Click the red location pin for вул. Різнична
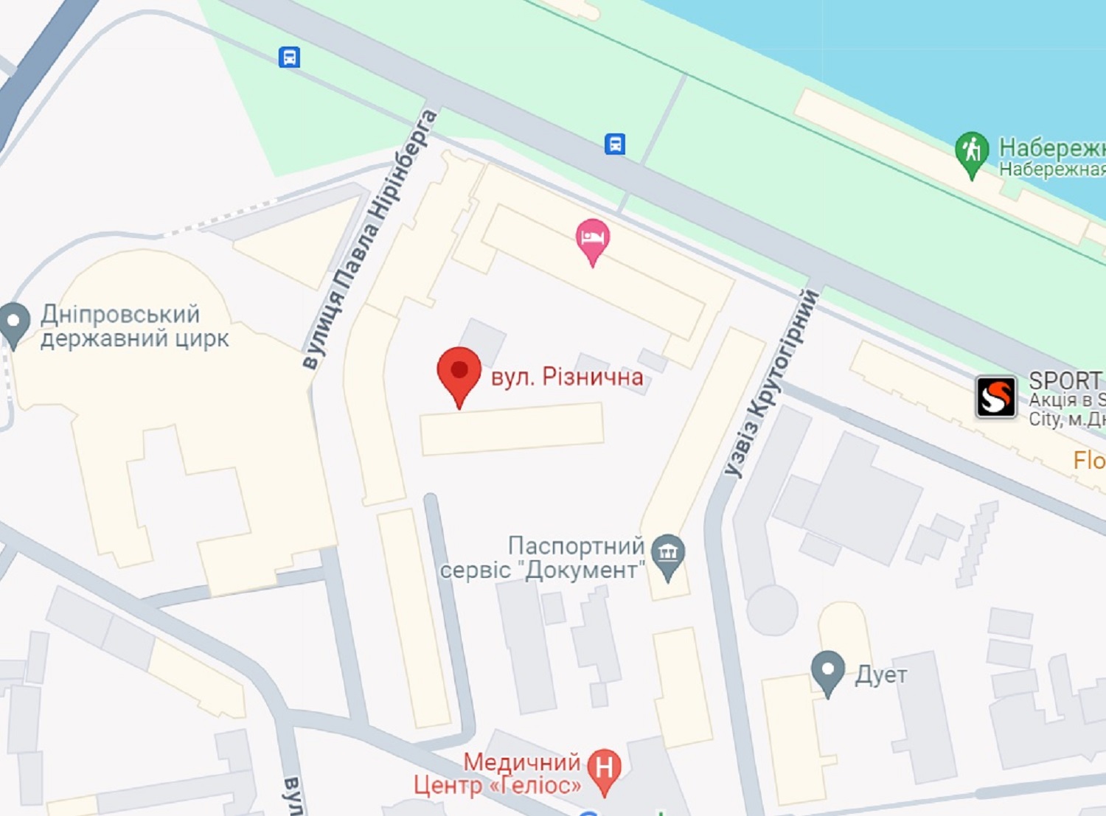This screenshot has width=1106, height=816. [x=459, y=372]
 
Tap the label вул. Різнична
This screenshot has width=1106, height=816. [x=567, y=377]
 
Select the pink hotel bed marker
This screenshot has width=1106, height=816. [x=592, y=240]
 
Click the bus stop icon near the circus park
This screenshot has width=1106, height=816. [x=289, y=57]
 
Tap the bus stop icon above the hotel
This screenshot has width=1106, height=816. [x=615, y=143]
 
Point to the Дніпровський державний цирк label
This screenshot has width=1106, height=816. [x=133, y=326]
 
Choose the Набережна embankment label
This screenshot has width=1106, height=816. [x=1051, y=157]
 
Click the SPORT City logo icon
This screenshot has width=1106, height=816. [x=996, y=397]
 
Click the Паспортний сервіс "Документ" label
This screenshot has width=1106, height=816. [x=543, y=558]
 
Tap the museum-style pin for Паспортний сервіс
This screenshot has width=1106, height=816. [x=668, y=554]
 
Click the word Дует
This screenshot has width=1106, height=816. [x=881, y=674]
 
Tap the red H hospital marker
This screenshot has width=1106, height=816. [x=604, y=769]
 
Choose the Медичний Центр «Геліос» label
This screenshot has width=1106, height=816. [x=498, y=773]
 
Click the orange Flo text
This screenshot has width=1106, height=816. [x=1089, y=461]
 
